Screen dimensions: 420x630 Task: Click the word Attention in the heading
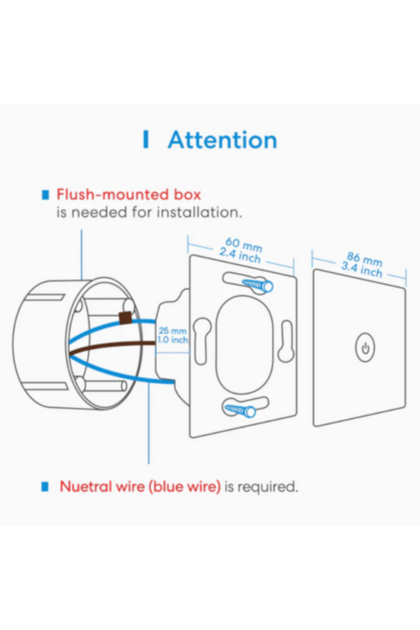(x=223, y=140)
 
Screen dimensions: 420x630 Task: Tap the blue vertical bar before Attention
(x=146, y=140)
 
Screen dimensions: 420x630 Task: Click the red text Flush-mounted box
(x=129, y=194)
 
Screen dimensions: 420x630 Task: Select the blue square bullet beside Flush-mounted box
(x=46, y=195)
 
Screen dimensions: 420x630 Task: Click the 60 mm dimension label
(x=244, y=244)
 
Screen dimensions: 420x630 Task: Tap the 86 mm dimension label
(x=365, y=259)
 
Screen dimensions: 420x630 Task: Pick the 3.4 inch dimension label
(x=362, y=269)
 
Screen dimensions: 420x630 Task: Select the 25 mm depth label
(x=172, y=330)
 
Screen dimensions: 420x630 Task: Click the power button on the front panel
(x=365, y=348)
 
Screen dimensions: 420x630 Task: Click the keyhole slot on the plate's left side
(x=202, y=341)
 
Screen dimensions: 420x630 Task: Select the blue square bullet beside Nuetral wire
(x=45, y=487)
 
